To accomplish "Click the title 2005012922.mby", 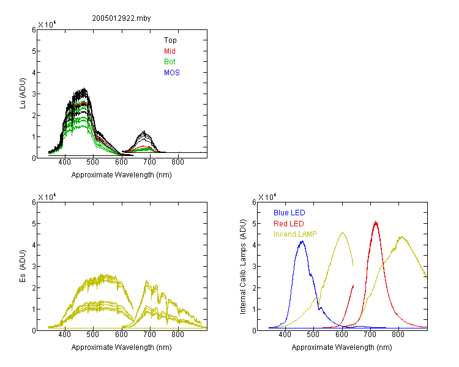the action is (x=121, y=18).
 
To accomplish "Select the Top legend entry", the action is (x=170, y=40).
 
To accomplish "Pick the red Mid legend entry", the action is (x=170, y=51).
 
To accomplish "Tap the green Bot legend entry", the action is (x=170, y=62).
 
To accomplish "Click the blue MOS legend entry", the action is (x=172, y=73).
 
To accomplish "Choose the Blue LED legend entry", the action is (x=289, y=213).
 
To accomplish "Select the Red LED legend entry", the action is (x=289, y=224).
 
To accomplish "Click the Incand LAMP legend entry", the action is (x=295, y=234).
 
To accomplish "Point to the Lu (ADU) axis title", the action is (x=23, y=94).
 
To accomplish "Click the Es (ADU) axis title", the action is (x=23, y=266).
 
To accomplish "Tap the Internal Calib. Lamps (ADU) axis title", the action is (x=243, y=267).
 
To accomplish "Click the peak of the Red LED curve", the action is (x=376, y=222).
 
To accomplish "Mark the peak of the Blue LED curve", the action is (x=302, y=241).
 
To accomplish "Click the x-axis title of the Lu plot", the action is (x=122, y=175).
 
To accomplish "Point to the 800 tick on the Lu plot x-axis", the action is (x=177, y=162).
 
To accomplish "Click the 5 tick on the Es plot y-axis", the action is (x=34, y=224).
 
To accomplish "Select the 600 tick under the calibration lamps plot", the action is (x=341, y=335).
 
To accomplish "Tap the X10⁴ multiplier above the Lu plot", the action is (x=47, y=24).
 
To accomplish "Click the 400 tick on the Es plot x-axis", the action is (x=65, y=335).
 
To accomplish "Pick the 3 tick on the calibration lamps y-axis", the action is (x=254, y=266).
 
